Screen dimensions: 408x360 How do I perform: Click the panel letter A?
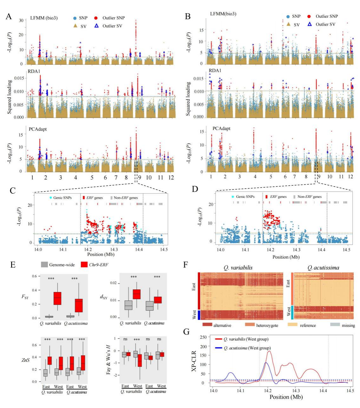9,16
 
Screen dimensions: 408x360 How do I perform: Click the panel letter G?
187,332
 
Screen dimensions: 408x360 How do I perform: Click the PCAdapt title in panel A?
38,129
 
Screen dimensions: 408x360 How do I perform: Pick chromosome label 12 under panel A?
171,178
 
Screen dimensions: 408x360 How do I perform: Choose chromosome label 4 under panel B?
255,176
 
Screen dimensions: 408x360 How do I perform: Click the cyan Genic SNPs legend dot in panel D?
233,197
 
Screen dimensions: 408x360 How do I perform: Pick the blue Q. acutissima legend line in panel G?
219,348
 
